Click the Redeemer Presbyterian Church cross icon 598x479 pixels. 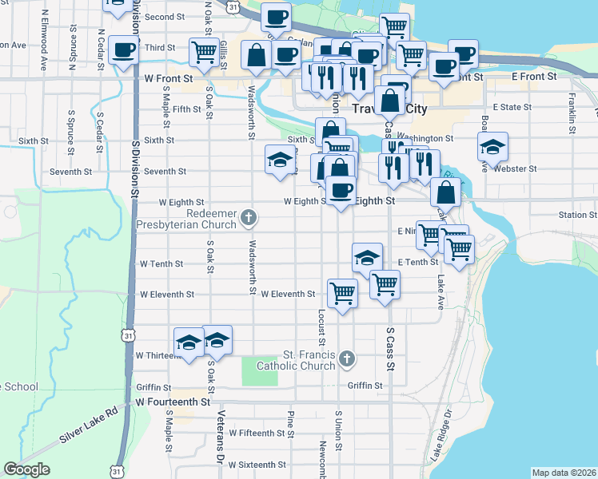click(249, 216)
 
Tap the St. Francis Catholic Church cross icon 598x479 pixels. click(346, 358)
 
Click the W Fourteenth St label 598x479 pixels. click(172, 402)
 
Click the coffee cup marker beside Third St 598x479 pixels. click(123, 50)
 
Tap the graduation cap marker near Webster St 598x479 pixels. click(493, 146)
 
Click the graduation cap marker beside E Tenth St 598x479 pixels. click(367, 257)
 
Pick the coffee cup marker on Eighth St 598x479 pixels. click(341, 190)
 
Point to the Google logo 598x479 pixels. click(26, 469)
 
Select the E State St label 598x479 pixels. click(512, 106)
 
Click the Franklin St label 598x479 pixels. click(573, 113)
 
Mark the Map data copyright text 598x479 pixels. click(562, 472)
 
